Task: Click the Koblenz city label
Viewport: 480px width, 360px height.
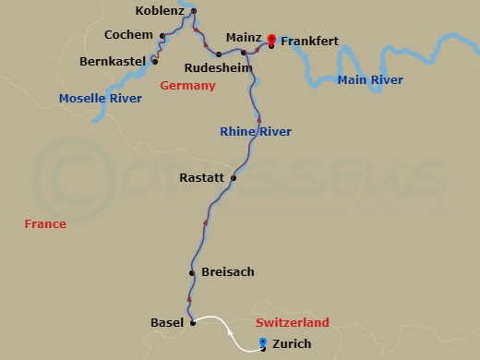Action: tap(159, 11)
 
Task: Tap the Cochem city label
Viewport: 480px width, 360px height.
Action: tap(129, 35)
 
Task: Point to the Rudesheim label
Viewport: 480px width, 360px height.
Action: tap(214, 68)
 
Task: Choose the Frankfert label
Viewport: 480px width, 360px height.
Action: tap(310, 41)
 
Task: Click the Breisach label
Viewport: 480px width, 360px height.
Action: tap(227, 272)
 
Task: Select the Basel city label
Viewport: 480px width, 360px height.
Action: tap(166, 322)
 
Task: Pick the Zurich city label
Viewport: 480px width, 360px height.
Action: tap(293, 344)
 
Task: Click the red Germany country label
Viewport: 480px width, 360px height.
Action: tap(187, 86)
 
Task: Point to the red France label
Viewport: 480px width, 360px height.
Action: tap(46, 223)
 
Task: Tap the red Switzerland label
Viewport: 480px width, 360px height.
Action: tap(292, 322)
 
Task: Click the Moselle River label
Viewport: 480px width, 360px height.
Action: tap(101, 98)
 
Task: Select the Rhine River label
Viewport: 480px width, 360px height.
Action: tap(256, 132)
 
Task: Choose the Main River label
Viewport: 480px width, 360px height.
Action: tap(370, 80)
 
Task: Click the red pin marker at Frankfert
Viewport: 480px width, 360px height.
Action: tap(271, 39)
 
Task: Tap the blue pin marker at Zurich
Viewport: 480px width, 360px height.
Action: tap(264, 342)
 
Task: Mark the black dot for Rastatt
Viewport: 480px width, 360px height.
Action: tap(234, 177)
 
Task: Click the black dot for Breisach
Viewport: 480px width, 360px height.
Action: tap(191, 273)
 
